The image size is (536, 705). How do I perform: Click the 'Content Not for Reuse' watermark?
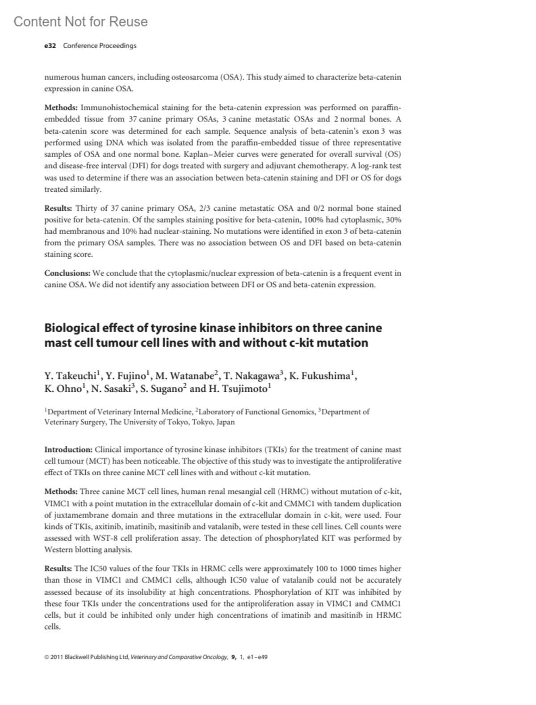tap(80, 21)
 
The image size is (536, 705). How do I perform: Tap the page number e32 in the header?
tap(50, 46)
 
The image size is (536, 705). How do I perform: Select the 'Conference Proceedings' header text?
tap(100, 46)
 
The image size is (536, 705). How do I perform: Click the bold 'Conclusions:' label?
tap(67, 273)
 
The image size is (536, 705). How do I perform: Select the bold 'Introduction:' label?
tap(68, 449)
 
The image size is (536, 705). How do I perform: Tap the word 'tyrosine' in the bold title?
tap(172, 328)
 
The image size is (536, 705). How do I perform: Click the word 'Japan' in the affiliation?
tap(226, 422)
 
